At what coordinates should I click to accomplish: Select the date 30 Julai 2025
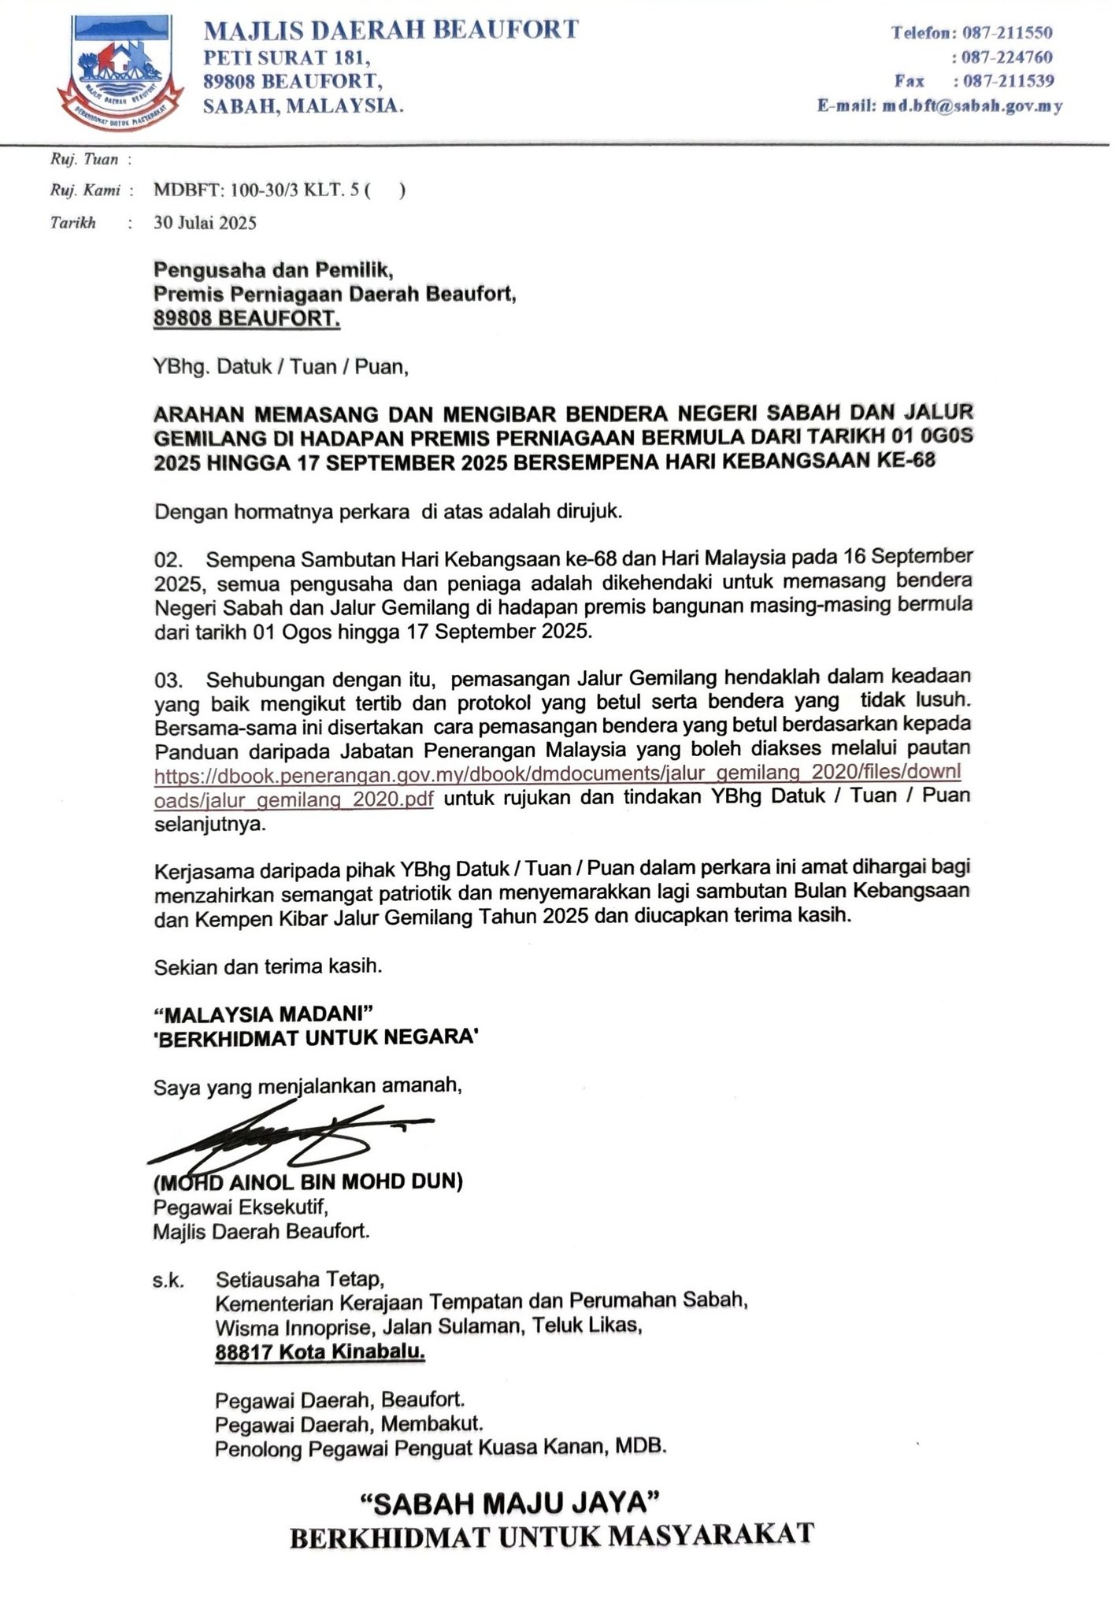point(206,223)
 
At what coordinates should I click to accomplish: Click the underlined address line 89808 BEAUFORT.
point(247,319)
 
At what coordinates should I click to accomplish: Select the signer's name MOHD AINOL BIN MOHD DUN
point(308,1182)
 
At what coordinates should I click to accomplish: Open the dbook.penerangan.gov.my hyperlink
point(557,775)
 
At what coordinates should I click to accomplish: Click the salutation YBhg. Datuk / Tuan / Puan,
point(281,367)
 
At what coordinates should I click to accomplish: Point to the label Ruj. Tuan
point(84,160)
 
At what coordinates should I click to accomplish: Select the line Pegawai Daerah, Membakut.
point(349,1424)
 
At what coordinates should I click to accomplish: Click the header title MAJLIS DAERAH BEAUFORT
point(391,31)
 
